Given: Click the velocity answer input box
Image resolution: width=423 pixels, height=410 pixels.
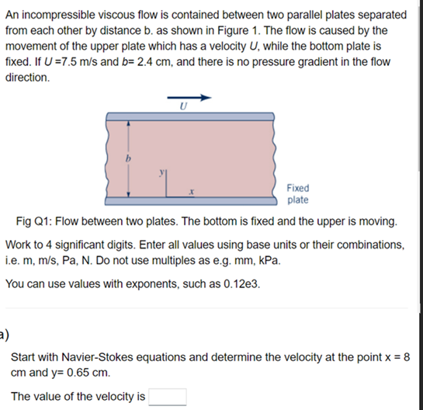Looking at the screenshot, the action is [167, 397].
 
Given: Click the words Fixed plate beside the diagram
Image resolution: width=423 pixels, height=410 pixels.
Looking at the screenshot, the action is [297, 193].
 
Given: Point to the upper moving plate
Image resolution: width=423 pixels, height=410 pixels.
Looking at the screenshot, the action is [189, 116].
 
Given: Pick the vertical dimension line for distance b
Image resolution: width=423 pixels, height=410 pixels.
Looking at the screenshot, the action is [127, 159].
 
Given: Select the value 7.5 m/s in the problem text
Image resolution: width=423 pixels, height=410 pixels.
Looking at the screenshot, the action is [120, 64].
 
